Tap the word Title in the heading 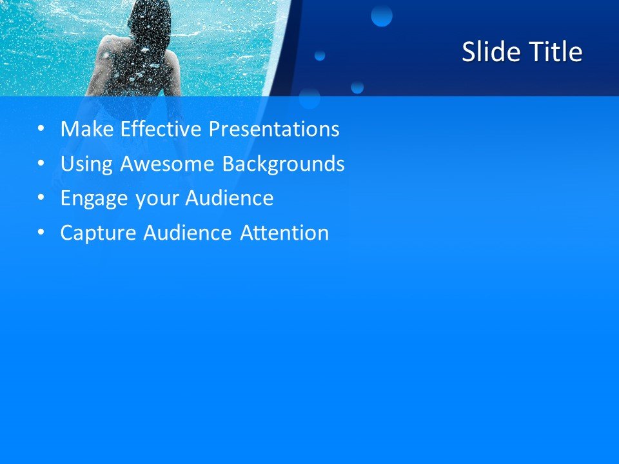click(556, 52)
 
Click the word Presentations click(274, 130)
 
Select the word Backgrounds click(284, 164)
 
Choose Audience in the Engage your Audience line click(230, 198)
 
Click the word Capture click(99, 233)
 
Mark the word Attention click(284, 233)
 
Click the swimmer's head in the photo click(150, 19)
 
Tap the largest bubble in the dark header click(382, 16)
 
